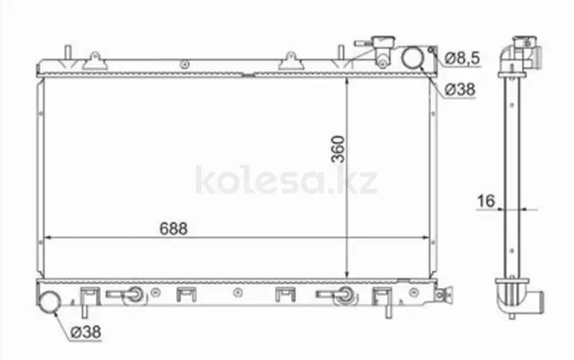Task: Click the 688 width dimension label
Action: [174, 228]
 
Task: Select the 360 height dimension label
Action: [338, 149]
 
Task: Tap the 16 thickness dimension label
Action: [486, 201]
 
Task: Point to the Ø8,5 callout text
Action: [462, 58]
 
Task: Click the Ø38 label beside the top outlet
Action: [460, 89]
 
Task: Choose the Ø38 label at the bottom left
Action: [86, 332]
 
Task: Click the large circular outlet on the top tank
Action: [413, 58]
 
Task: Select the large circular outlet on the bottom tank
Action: [50, 302]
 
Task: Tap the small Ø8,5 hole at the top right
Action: [432, 50]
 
